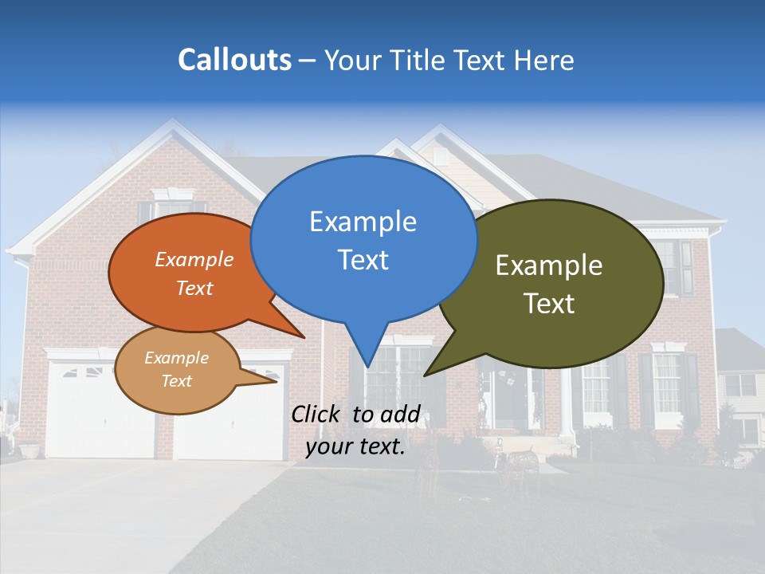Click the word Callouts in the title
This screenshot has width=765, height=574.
click(234, 60)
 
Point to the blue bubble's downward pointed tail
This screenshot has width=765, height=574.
click(367, 351)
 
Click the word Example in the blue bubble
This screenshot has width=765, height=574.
click(363, 222)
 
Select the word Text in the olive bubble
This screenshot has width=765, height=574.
click(549, 304)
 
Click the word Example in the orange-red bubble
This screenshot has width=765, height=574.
click(194, 259)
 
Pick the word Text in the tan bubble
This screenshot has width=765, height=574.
click(176, 381)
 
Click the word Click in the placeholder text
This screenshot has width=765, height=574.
click(318, 414)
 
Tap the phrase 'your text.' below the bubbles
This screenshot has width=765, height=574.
click(355, 447)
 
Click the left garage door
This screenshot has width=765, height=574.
click(100, 415)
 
